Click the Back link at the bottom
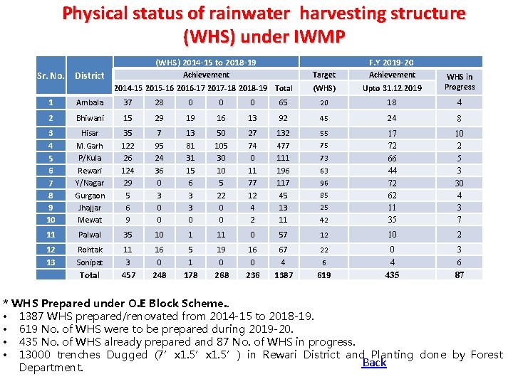374,363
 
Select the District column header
90,75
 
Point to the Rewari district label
90,171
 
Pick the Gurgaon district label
90,196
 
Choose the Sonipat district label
90,262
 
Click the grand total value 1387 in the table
284,274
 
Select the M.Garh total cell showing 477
284,146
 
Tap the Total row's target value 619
324,274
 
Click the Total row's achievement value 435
392,274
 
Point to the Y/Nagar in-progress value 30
459,183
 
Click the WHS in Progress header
460,82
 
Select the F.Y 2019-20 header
392,63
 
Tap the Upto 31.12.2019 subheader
392,88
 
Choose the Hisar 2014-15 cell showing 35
128,133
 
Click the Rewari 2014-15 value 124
128,171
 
